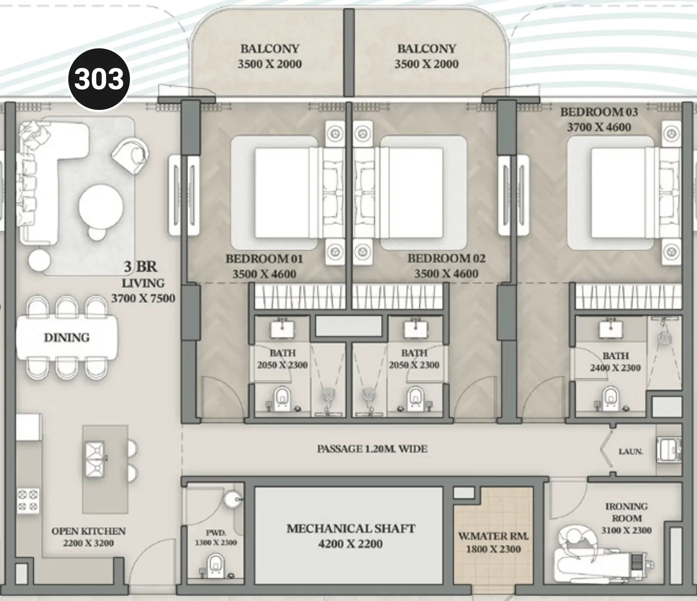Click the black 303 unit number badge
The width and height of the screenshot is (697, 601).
point(99,79)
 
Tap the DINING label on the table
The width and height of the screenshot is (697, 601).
point(67,337)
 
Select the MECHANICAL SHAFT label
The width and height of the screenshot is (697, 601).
point(351,528)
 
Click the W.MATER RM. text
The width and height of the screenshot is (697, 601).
point(493,536)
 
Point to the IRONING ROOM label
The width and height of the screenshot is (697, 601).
point(627,512)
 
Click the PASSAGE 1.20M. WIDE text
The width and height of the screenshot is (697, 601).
point(372,449)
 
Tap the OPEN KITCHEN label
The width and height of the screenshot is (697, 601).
point(88,531)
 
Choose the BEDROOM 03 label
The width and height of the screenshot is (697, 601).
point(599,112)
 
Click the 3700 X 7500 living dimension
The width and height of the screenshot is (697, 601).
point(143,298)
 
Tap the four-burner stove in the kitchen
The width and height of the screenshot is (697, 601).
point(28,501)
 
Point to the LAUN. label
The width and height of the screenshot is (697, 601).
point(630,451)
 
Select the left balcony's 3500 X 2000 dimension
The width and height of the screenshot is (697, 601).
point(270,64)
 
